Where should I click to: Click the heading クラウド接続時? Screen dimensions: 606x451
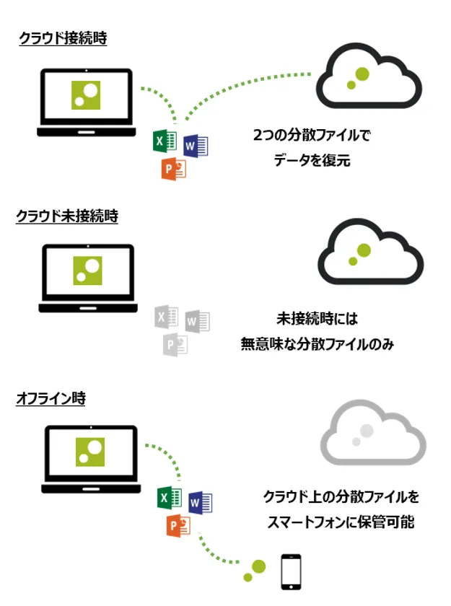pyautogui.click(x=63, y=39)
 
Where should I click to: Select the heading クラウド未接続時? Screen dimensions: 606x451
pyautogui.click(x=66, y=216)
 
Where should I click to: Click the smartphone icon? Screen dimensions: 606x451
pyautogui.click(x=290, y=571)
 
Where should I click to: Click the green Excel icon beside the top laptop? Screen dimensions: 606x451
pyautogui.click(x=165, y=141)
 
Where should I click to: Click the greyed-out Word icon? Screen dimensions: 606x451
pyautogui.click(x=196, y=320)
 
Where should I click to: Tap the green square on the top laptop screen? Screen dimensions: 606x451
pyautogui.click(x=87, y=95)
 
